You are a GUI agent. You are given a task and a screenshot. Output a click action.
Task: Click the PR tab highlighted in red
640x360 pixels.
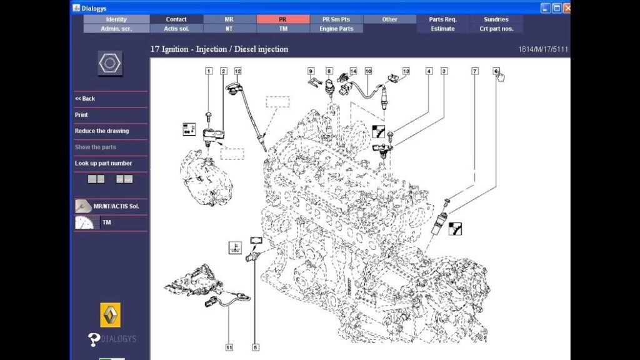point(283,19)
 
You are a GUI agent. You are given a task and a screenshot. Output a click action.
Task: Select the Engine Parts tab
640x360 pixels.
point(336,29)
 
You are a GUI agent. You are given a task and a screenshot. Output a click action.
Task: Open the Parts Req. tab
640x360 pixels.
point(443,19)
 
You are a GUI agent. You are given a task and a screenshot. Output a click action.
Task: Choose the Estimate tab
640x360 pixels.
point(443,29)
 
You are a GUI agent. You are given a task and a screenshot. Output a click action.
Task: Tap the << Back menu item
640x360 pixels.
point(85,99)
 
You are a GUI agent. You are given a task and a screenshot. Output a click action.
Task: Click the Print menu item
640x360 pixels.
point(81,115)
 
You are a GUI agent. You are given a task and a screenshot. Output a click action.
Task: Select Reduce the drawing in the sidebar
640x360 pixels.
point(102,131)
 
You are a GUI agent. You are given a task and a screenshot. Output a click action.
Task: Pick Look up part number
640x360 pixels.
point(103,163)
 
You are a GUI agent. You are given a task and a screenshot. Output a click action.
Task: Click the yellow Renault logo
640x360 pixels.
point(110,315)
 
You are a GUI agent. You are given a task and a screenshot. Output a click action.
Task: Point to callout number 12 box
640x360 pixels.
point(238,71)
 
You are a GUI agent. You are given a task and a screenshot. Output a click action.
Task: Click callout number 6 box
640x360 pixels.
point(496,71)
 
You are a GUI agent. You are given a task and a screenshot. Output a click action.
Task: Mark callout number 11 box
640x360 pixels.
point(229,347)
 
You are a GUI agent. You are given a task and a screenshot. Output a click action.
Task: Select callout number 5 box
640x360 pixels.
point(256,347)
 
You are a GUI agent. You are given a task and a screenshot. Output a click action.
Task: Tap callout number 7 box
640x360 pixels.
point(475,71)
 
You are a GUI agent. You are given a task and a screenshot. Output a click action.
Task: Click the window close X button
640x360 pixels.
point(567,8)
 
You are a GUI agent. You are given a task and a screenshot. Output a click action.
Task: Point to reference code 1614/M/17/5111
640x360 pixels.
point(543,49)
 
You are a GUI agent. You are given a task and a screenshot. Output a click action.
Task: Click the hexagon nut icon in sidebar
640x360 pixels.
point(110,63)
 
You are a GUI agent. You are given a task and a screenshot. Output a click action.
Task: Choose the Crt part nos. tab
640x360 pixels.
point(496,29)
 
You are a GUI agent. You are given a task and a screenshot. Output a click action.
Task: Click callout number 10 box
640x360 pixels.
point(369,71)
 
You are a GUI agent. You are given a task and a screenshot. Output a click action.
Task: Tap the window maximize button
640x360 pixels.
point(557,8)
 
